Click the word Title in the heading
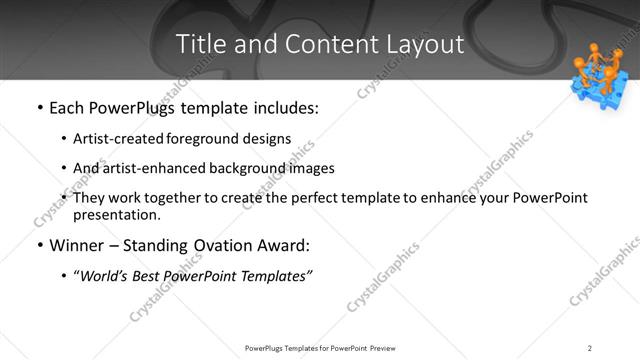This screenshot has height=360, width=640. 199,45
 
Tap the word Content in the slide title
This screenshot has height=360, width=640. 321,45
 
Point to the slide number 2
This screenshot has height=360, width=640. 590,347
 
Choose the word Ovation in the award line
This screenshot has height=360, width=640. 223,245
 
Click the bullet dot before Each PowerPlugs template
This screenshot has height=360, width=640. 39,108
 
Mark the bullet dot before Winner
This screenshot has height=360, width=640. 39,245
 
